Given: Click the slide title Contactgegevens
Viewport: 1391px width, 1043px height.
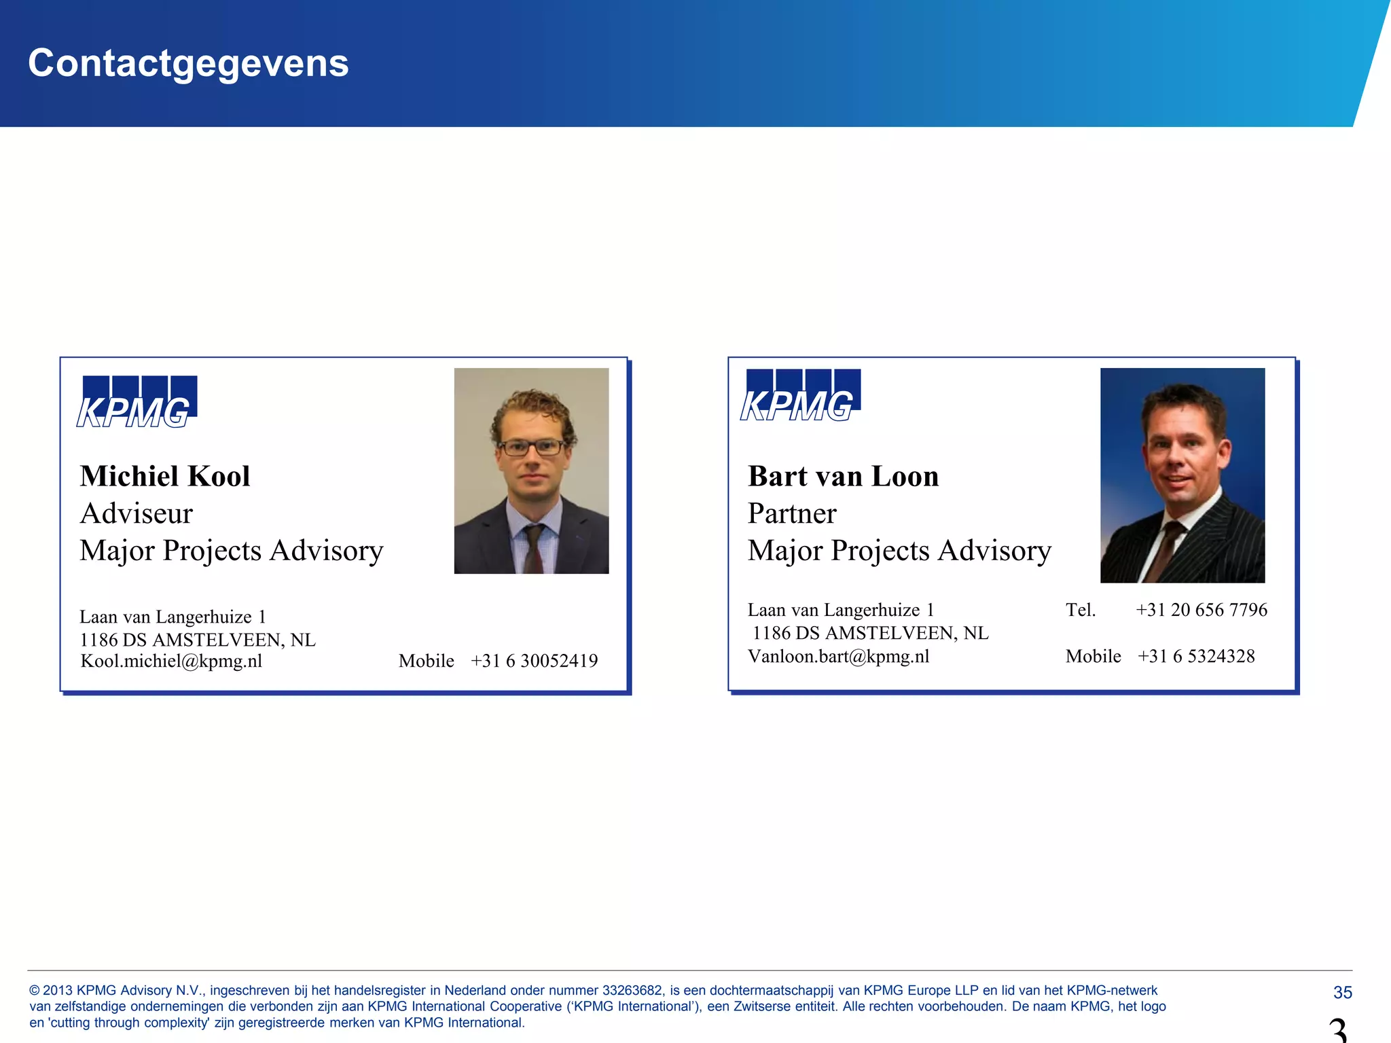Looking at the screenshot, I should [x=188, y=63].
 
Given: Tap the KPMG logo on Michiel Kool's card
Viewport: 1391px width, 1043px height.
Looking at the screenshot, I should [x=137, y=403].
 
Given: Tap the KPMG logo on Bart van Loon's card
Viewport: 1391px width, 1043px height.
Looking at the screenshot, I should [x=800, y=396].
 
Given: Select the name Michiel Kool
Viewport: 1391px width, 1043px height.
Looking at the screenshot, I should [x=165, y=476].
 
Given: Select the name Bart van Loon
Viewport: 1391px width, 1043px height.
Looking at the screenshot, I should [x=843, y=476].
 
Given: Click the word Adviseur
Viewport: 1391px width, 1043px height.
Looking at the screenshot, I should [x=136, y=513].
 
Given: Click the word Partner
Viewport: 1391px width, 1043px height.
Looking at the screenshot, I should [x=792, y=513].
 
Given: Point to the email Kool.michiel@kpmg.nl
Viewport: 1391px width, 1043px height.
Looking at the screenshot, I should [x=171, y=661].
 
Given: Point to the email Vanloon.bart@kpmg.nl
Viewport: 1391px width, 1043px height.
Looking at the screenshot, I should [x=838, y=656].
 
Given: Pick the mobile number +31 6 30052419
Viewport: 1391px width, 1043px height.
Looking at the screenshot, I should [x=534, y=661].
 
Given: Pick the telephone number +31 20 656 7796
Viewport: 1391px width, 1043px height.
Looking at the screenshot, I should [x=1201, y=610].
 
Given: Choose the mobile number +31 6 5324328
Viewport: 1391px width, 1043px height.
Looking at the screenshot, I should [x=1195, y=656].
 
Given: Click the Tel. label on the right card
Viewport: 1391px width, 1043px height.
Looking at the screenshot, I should [x=1080, y=610].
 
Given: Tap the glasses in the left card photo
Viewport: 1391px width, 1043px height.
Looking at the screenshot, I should [x=531, y=447].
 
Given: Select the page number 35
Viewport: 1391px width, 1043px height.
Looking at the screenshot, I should [x=1342, y=992].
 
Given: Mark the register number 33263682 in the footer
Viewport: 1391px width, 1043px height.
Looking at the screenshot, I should [x=632, y=991].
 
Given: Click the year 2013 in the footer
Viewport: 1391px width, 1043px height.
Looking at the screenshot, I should [x=58, y=991].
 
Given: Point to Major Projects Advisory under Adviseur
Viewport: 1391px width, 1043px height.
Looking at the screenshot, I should [x=231, y=551].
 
